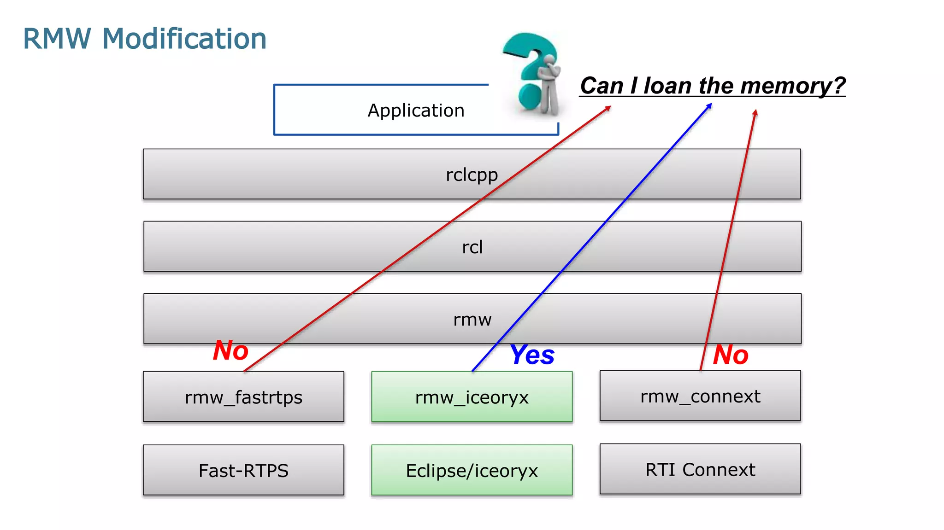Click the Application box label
point(416,111)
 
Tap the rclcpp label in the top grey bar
point(472,175)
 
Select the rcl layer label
point(472,247)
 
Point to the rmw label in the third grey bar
point(472,320)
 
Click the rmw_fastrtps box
point(243,397)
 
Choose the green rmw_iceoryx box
point(472,397)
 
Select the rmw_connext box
point(700,396)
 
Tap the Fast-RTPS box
point(243,470)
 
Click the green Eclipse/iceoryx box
point(472,470)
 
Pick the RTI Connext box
point(700,469)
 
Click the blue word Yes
point(532,355)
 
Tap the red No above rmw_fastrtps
point(230,350)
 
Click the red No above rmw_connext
point(730,355)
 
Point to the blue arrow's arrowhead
point(710,105)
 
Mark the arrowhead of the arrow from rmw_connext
point(755,112)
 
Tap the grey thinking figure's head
point(549,61)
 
